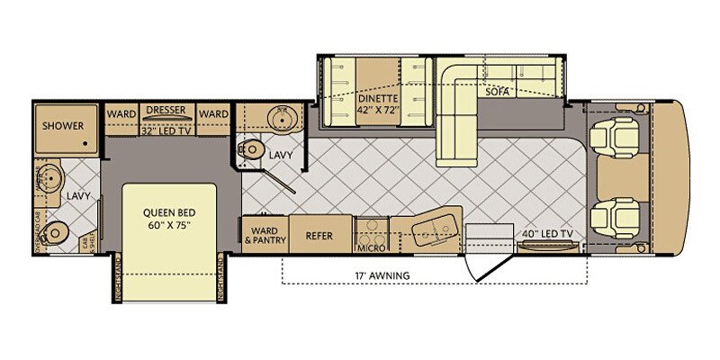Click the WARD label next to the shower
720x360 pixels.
point(121,114)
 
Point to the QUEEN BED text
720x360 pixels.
point(169,214)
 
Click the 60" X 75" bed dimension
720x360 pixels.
point(169,228)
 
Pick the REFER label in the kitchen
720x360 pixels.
point(319,237)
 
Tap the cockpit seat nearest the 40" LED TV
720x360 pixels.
point(619,216)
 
